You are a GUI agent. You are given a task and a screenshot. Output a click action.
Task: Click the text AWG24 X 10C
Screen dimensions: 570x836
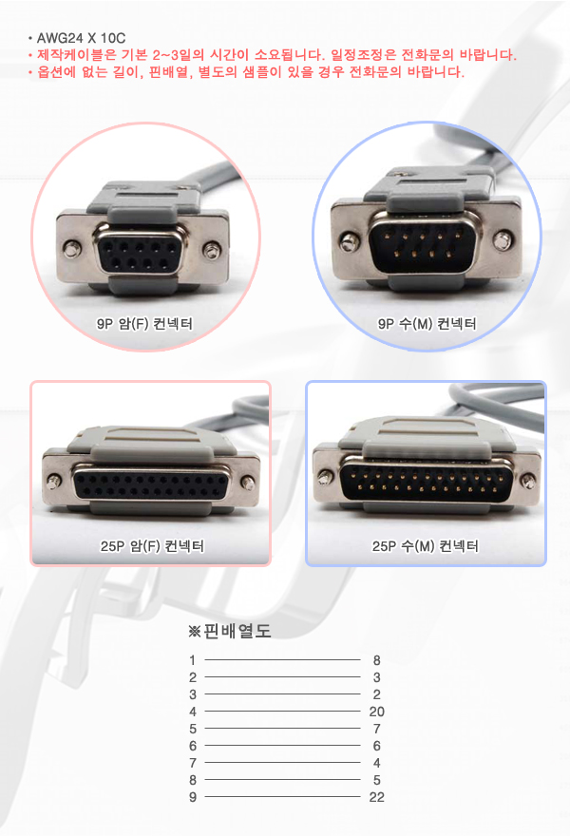[x=81, y=38]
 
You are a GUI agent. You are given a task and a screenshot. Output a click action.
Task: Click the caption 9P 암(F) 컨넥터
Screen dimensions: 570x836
[x=144, y=324]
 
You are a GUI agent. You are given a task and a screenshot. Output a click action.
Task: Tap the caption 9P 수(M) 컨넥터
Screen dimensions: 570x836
[x=427, y=324]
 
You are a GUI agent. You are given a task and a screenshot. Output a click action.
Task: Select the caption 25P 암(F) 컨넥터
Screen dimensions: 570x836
[x=153, y=546]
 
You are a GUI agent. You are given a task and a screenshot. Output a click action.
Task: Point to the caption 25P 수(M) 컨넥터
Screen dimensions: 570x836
[x=426, y=546]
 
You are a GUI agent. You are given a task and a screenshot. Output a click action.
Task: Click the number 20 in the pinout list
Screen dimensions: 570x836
[x=376, y=712]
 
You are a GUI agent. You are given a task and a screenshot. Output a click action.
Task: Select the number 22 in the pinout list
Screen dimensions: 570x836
[x=376, y=797]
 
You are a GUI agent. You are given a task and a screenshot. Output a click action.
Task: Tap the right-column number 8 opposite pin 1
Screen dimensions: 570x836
[x=376, y=660]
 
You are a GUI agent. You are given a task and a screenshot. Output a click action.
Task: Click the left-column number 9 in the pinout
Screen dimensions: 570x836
[x=193, y=797]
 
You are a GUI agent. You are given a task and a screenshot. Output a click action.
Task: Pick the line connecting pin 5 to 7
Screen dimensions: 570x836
[x=282, y=729]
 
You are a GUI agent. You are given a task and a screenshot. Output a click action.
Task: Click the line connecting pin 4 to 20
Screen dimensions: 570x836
[x=282, y=712]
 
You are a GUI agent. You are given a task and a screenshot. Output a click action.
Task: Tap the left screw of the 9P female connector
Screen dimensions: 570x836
[x=71, y=248]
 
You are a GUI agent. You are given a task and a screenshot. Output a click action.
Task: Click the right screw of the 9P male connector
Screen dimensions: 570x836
[x=502, y=240]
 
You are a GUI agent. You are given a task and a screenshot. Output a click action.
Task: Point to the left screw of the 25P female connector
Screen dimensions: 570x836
[x=53, y=482]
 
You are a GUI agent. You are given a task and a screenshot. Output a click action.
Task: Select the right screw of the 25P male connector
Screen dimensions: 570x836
[x=527, y=482]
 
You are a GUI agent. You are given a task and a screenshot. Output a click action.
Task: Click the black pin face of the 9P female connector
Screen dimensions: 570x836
[x=138, y=255]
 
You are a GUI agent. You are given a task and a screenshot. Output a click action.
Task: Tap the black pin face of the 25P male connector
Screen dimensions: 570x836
[x=426, y=482]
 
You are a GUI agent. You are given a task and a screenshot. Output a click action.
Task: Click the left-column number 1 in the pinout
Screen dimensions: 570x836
[x=193, y=660]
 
